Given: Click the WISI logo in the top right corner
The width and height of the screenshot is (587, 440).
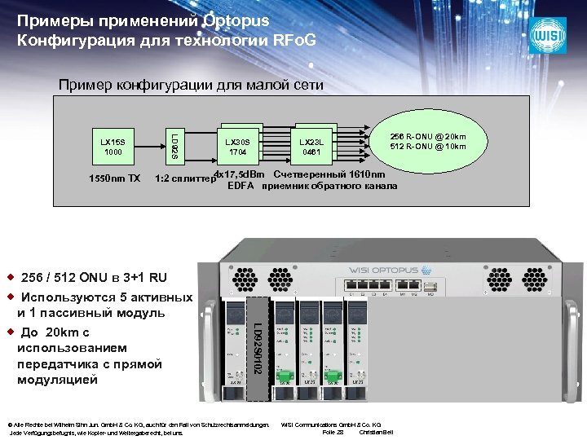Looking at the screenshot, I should pyautogui.click(x=547, y=35).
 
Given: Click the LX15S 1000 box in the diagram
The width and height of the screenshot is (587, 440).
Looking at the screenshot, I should pyautogui.click(x=113, y=147).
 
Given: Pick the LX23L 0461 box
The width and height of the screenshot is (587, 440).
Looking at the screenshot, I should pyautogui.click(x=312, y=147).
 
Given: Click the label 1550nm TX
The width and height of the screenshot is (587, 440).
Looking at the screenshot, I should pyautogui.click(x=113, y=178).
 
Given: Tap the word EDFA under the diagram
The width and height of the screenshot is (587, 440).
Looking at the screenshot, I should pyautogui.click(x=241, y=187).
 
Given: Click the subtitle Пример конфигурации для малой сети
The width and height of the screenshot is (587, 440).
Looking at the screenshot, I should pyautogui.click(x=190, y=85).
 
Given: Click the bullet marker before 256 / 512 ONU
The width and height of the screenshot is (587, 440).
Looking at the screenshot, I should pyautogui.click(x=10, y=277).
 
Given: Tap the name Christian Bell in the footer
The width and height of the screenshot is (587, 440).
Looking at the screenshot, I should pyautogui.click(x=376, y=432).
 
